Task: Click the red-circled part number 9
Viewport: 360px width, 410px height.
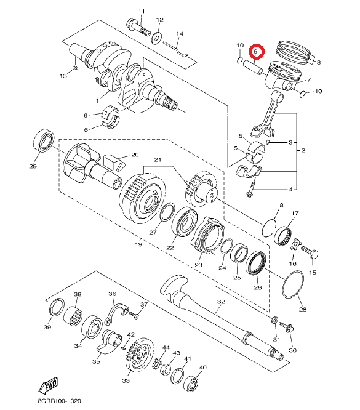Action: point(256,52)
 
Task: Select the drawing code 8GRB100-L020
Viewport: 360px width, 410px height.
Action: point(59,401)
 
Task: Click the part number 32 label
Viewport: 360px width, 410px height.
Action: point(221,302)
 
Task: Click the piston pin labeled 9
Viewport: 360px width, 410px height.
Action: point(253,68)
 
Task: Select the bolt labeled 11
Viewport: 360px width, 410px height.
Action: point(138,28)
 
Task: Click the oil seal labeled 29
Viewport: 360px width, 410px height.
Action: point(44,140)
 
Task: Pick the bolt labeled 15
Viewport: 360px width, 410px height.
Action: point(310,252)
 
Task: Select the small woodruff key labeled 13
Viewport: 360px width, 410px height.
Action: point(75,68)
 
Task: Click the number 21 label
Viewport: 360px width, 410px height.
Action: point(158,159)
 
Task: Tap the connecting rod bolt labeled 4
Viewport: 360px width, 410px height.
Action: point(250,190)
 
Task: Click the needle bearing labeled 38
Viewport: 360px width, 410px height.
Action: point(73,316)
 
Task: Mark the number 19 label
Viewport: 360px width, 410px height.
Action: point(138,244)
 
